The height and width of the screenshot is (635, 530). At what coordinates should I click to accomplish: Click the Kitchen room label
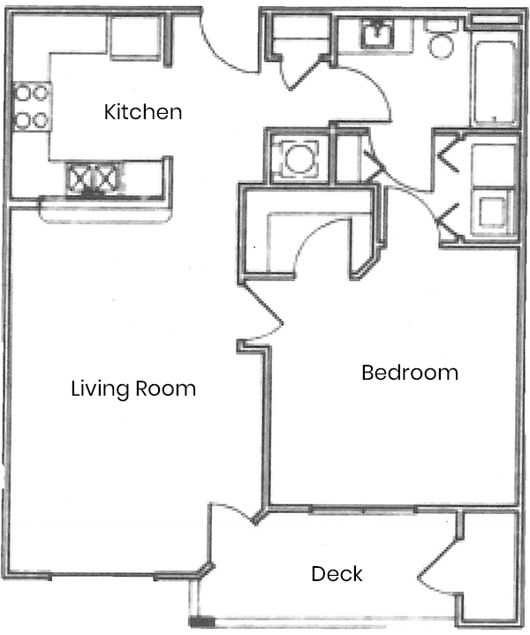coord(143,112)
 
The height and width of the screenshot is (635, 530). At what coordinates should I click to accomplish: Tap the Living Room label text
coord(133,389)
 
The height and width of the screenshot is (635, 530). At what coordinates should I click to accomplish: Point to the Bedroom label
coord(410,373)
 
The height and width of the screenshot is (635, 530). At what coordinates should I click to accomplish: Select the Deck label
coord(337,574)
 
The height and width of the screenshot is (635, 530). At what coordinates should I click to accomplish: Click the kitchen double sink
coord(95,178)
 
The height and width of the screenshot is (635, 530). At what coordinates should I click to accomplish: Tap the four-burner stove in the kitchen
coord(32,107)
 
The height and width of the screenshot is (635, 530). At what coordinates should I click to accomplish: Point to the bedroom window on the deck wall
coord(363,510)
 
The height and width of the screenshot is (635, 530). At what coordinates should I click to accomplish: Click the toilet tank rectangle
coord(441,25)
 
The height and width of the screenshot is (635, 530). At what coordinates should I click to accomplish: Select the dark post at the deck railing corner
coord(201,622)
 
